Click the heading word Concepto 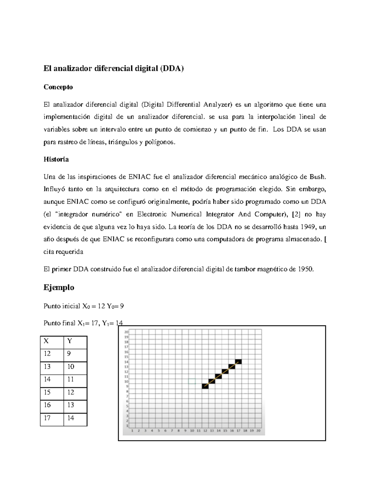tap(58, 87)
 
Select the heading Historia tap(56, 159)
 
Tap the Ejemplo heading tap(59, 287)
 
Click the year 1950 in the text tap(306, 269)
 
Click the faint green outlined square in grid tap(192, 382)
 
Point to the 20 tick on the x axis tap(258, 431)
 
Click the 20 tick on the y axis tap(126, 332)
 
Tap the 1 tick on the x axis tap(132, 431)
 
